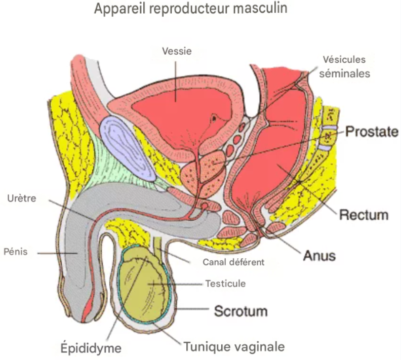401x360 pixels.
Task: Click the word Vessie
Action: [x=177, y=51]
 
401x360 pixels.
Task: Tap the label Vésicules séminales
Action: [x=344, y=67]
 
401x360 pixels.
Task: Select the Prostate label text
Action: [x=372, y=132]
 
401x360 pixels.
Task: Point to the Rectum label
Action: [x=364, y=215]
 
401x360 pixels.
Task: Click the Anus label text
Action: [x=319, y=255]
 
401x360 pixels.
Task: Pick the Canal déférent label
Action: [x=233, y=262]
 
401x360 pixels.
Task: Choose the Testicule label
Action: [x=225, y=284]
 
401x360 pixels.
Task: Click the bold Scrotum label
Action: [x=240, y=311]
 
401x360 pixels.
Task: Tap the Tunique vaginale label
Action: [x=234, y=347]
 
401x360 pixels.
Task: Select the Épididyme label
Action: [x=91, y=347]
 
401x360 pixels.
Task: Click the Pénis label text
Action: [x=16, y=252]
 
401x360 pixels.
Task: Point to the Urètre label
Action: [x=22, y=198]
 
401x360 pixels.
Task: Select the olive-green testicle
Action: [x=144, y=285]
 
